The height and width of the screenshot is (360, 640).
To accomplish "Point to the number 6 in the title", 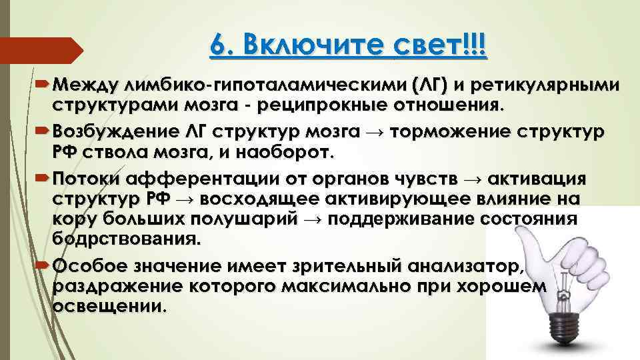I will (219, 46).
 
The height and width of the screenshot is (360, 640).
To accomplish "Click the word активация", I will (537, 179).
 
